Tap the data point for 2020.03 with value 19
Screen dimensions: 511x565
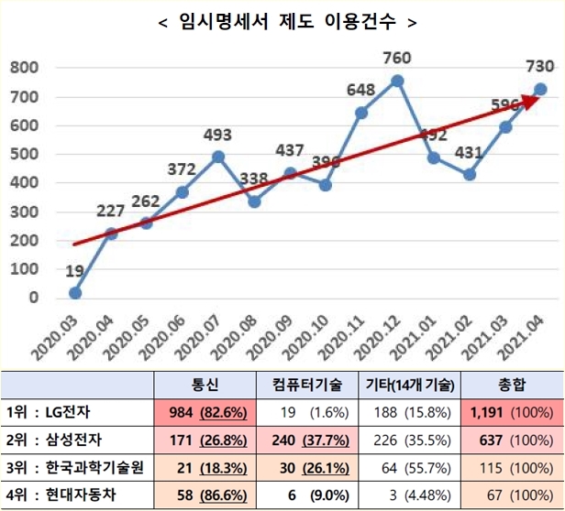tap(75, 293)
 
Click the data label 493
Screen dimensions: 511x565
tap(217, 136)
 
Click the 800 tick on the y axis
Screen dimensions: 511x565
tap(24, 68)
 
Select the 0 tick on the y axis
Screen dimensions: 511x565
tap(34, 298)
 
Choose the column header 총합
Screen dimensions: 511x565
tap(507, 385)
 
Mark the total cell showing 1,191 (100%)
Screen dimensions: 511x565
tap(507, 412)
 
